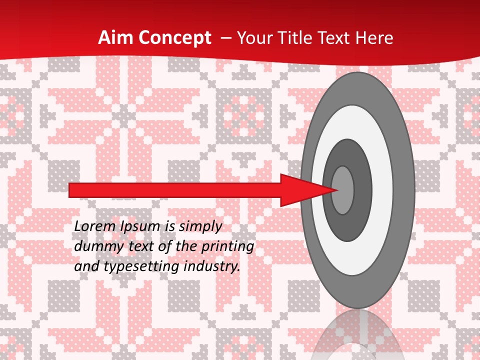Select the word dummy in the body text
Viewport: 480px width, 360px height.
pyautogui.click(x=96, y=246)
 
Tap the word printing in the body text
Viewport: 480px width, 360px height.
pyautogui.click(x=227, y=246)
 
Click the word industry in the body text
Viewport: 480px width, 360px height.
pyautogui.click(x=212, y=266)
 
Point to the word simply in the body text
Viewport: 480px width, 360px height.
pyautogui.click(x=200, y=226)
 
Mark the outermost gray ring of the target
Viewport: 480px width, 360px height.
pyautogui.click(x=405, y=190)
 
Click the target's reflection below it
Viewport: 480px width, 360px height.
pyautogui.click(x=357, y=340)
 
